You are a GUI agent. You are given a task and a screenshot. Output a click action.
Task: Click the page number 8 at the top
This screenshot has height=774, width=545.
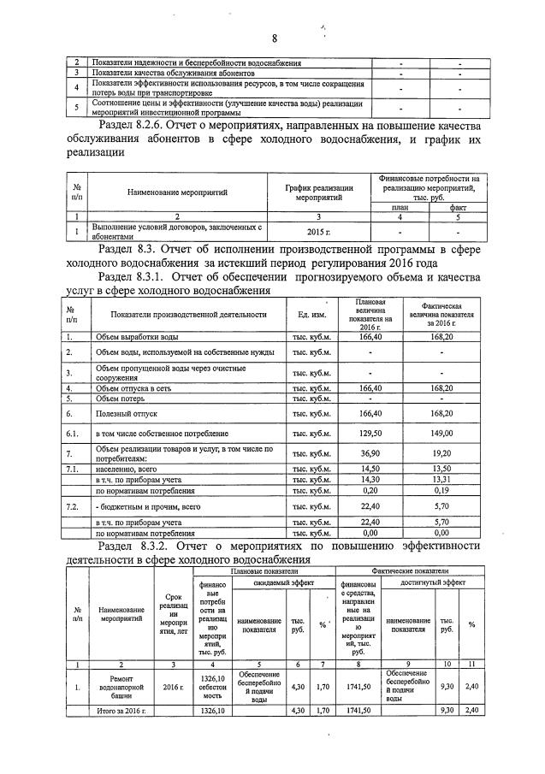(275, 38)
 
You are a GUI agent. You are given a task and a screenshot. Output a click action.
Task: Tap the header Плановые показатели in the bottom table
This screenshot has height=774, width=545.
(262, 570)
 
